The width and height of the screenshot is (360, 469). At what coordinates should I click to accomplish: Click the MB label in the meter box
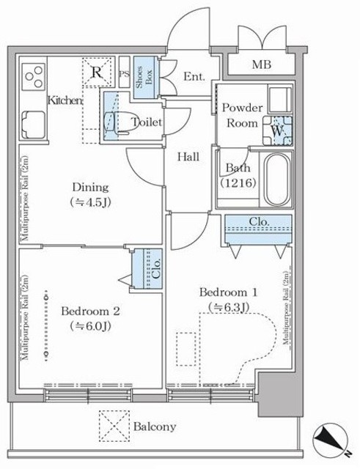pos(261,64)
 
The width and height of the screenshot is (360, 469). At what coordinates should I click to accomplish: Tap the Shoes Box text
pos(144,75)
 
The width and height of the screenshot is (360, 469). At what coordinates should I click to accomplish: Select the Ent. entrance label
pos(194,76)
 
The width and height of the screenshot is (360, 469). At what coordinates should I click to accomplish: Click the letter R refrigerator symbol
pos(96,73)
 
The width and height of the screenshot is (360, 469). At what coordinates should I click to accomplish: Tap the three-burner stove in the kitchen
pos(34,75)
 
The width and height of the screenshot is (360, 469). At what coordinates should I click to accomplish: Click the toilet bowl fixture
pos(118,122)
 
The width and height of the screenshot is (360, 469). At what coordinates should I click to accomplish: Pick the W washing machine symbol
pos(277,130)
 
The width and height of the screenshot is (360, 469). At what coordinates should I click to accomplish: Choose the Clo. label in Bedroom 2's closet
pos(155,267)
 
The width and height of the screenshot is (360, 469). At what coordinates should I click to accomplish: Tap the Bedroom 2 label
pos(90,311)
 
